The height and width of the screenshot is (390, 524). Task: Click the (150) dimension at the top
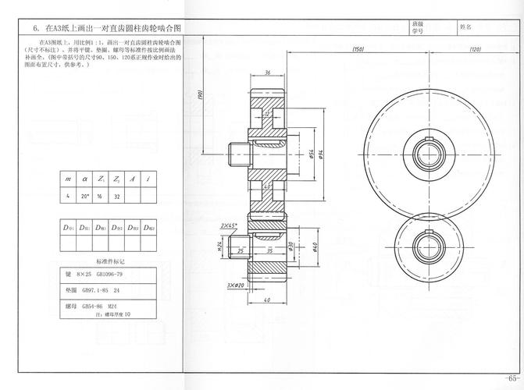pyautogui.click(x=358, y=49)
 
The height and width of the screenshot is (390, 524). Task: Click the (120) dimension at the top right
pyautogui.click(x=474, y=49)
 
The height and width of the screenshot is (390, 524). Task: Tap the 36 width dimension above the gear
pyautogui.click(x=267, y=73)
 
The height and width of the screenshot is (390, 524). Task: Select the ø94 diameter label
pyautogui.click(x=322, y=154)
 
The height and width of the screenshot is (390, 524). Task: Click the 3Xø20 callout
pyautogui.click(x=236, y=285)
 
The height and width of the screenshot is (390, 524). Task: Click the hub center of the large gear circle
pyautogui.click(x=430, y=150)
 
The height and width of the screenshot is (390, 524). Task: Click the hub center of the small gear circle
pyautogui.click(x=430, y=243)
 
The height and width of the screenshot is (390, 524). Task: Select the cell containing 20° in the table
pyautogui.click(x=84, y=197)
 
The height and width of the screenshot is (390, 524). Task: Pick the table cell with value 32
pyautogui.click(x=116, y=197)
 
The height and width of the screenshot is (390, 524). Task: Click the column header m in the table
pyautogui.click(x=68, y=179)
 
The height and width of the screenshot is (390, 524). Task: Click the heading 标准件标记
pyautogui.click(x=110, y=261)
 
